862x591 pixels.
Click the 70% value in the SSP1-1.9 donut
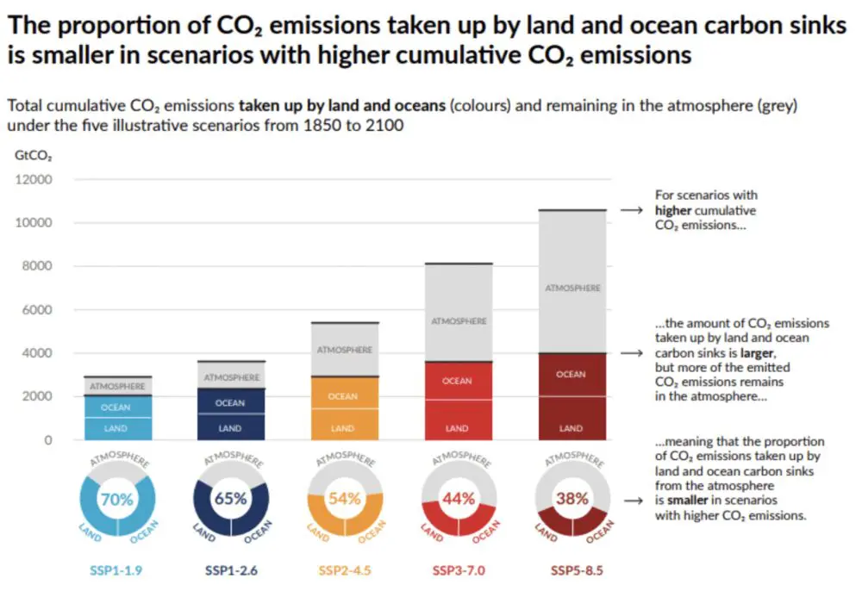pos(118,498)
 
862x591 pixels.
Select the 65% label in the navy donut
pos(230,498)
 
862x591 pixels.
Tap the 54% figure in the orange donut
pos(343,498)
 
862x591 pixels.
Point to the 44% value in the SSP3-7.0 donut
pos(458,498)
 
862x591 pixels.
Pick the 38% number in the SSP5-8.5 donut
pos(572,498)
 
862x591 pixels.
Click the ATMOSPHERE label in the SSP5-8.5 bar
pos(572,288)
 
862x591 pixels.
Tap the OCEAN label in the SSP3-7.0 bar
pos(457,381)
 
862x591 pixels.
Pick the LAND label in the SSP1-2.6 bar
pos(230,428)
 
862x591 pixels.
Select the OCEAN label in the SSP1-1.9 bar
pos(116,407)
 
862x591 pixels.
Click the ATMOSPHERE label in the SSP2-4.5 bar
pos(344,350)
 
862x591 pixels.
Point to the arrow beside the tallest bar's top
pos(634,209)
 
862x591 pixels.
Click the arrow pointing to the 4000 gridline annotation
pos(634,353)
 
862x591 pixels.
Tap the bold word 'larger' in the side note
pos(760,353)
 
